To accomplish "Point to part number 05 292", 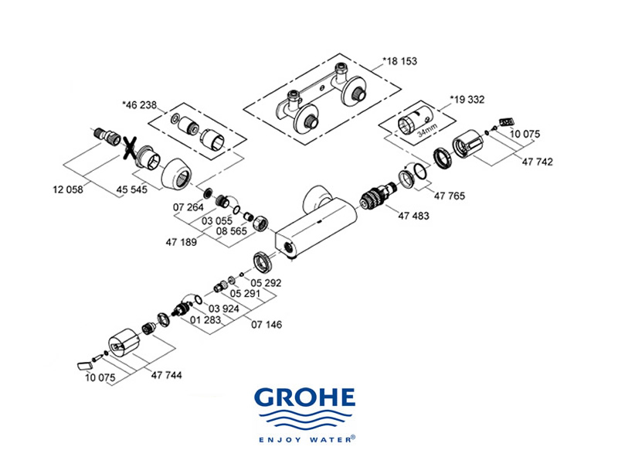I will [x=266, y=283].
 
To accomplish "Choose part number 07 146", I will [x=267, y=325].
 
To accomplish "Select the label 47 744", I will [x=166, y=374].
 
